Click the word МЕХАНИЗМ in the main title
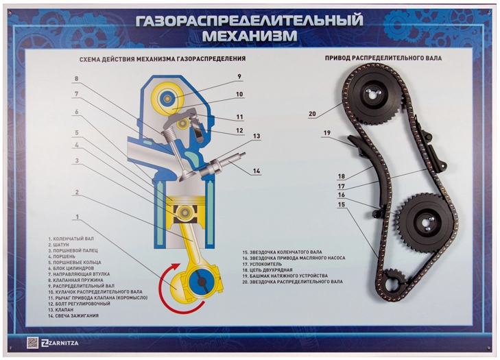tap(250, 36)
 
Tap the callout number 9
tap(239, 77)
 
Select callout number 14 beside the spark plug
tap(257, 171)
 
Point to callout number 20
tap(312, 114)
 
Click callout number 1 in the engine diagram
tap(78, 217)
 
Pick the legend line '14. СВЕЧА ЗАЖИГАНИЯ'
tap(73, 315)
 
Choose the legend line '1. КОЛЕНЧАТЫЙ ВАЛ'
tap(71, 239)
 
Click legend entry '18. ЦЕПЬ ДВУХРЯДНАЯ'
tap(267, 270)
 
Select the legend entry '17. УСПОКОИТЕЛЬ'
tap(262, 264)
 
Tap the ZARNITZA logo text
tap(60, 343)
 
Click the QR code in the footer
tap(32, 343)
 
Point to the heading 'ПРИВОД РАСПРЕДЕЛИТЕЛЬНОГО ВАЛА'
tap(383, 58)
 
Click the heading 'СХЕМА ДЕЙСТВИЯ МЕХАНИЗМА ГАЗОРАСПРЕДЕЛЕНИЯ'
tap(163, 59)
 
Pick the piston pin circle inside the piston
tap(184, 212)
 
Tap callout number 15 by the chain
tap(341, 204)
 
